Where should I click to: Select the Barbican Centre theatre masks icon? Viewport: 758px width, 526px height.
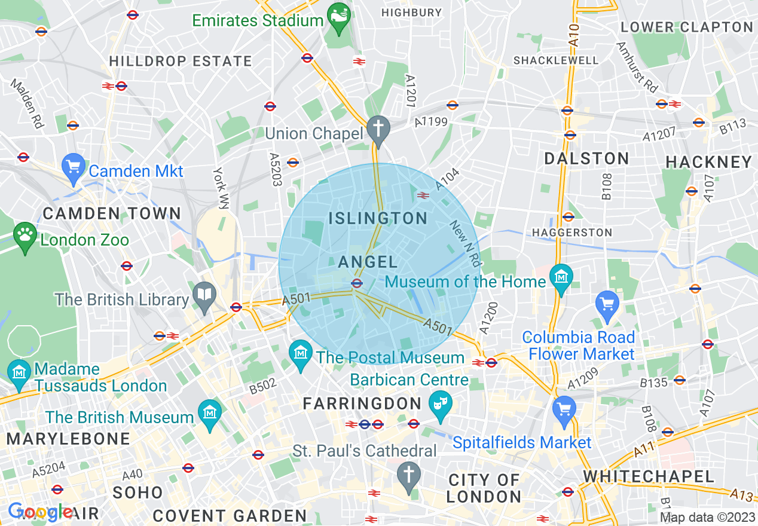pos(441,405)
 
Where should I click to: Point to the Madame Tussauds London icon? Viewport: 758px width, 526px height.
pos(19,374)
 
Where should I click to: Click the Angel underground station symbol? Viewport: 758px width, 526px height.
pos(357,284)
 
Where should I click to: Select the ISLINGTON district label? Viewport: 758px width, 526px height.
pos(378,218)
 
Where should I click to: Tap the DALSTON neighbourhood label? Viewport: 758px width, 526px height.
pos(586,158)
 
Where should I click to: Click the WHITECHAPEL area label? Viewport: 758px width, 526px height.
pos(649,476)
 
